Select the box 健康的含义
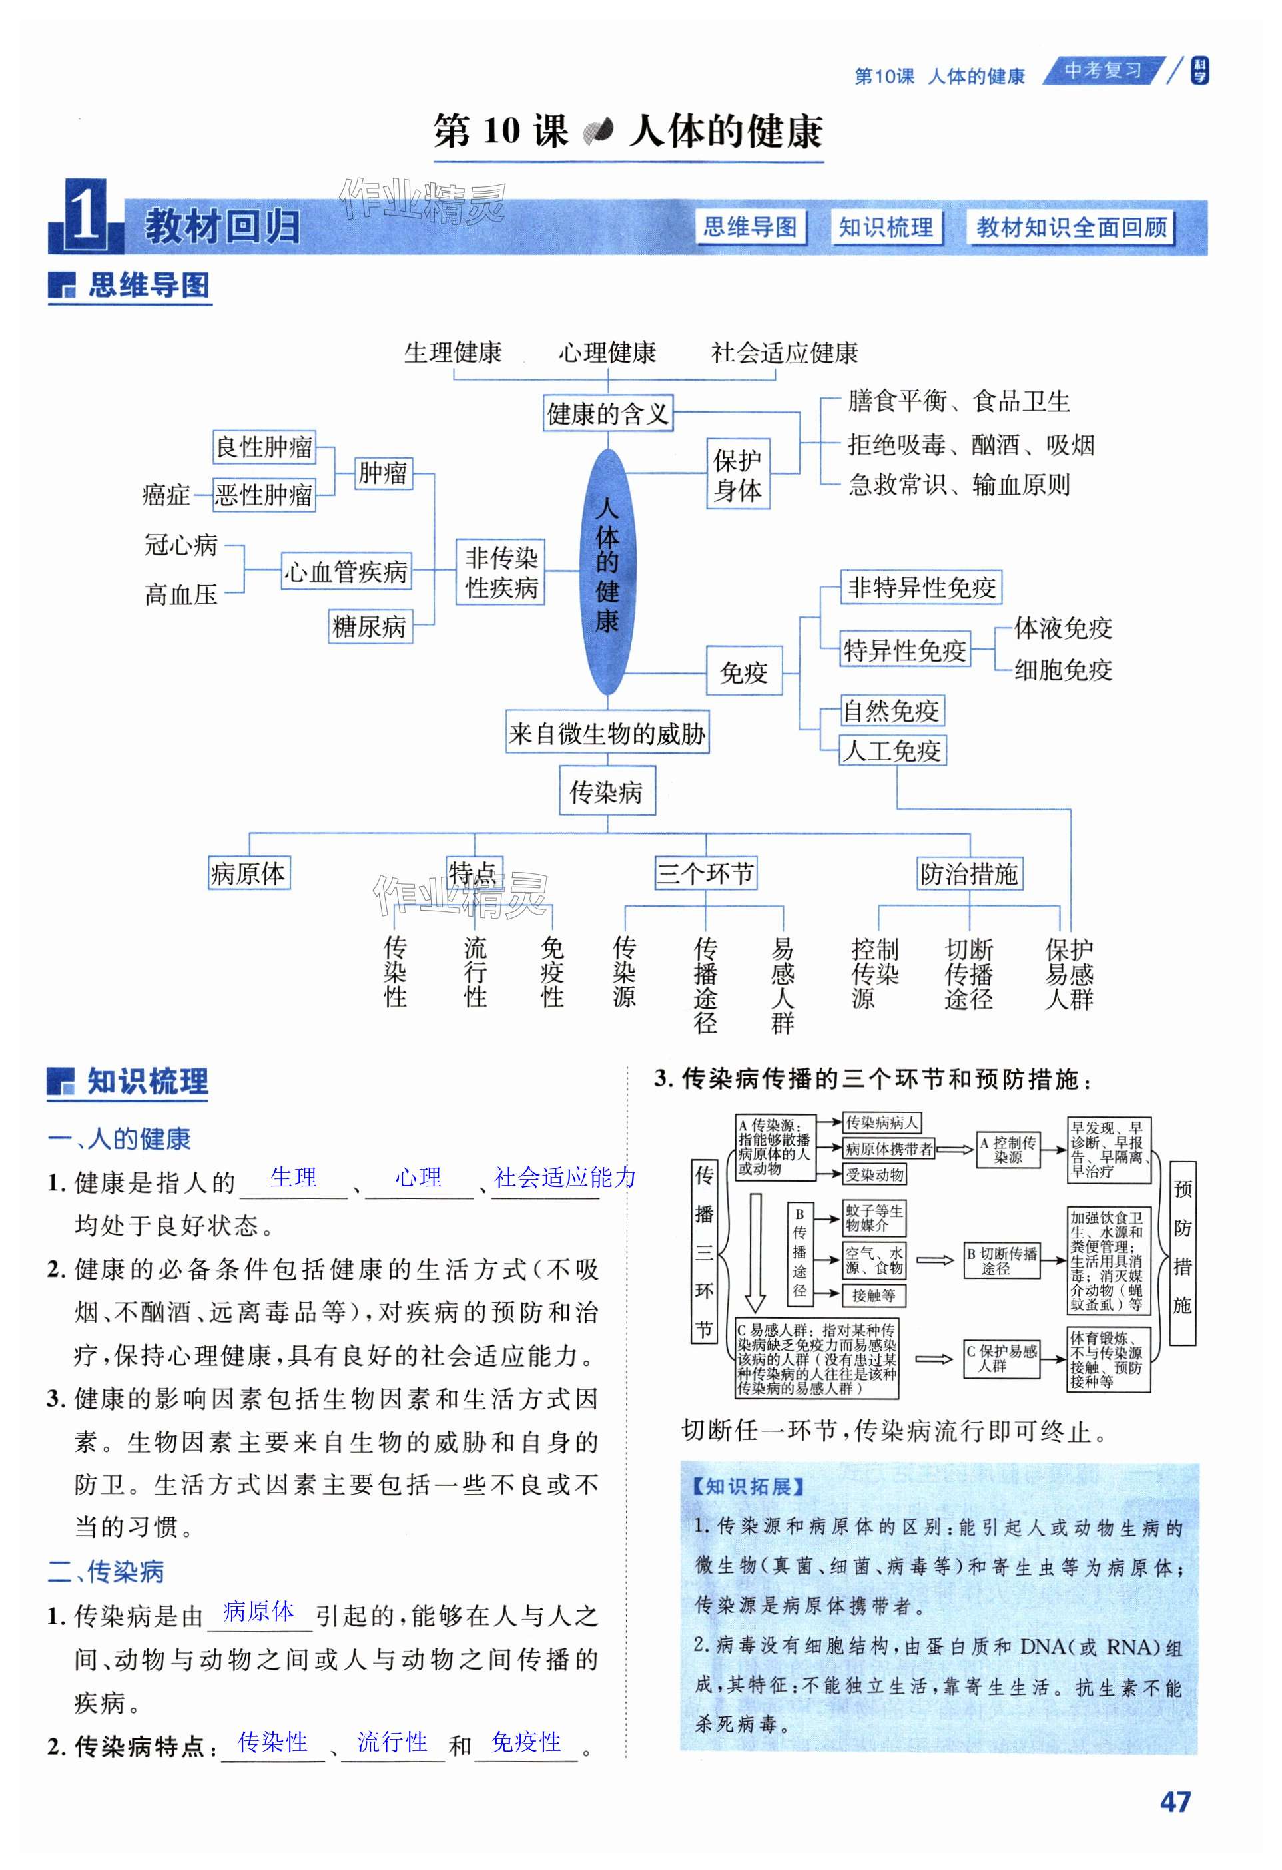click(x=607, y=413)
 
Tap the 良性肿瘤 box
click(x=264, y=447)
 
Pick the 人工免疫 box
click(x=892, y=750)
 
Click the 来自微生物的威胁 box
click(x=607, y=733)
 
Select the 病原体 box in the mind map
click(x=248, y=873)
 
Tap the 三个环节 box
click(x=705, y=873)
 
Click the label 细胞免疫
click(x=1062, y=670)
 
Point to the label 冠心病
click(x=181, y=545)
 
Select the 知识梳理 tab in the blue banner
click(x=885, y=228)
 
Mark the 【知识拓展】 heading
click(x=749, y=1486)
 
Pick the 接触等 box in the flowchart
click(x=873, y=1295)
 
